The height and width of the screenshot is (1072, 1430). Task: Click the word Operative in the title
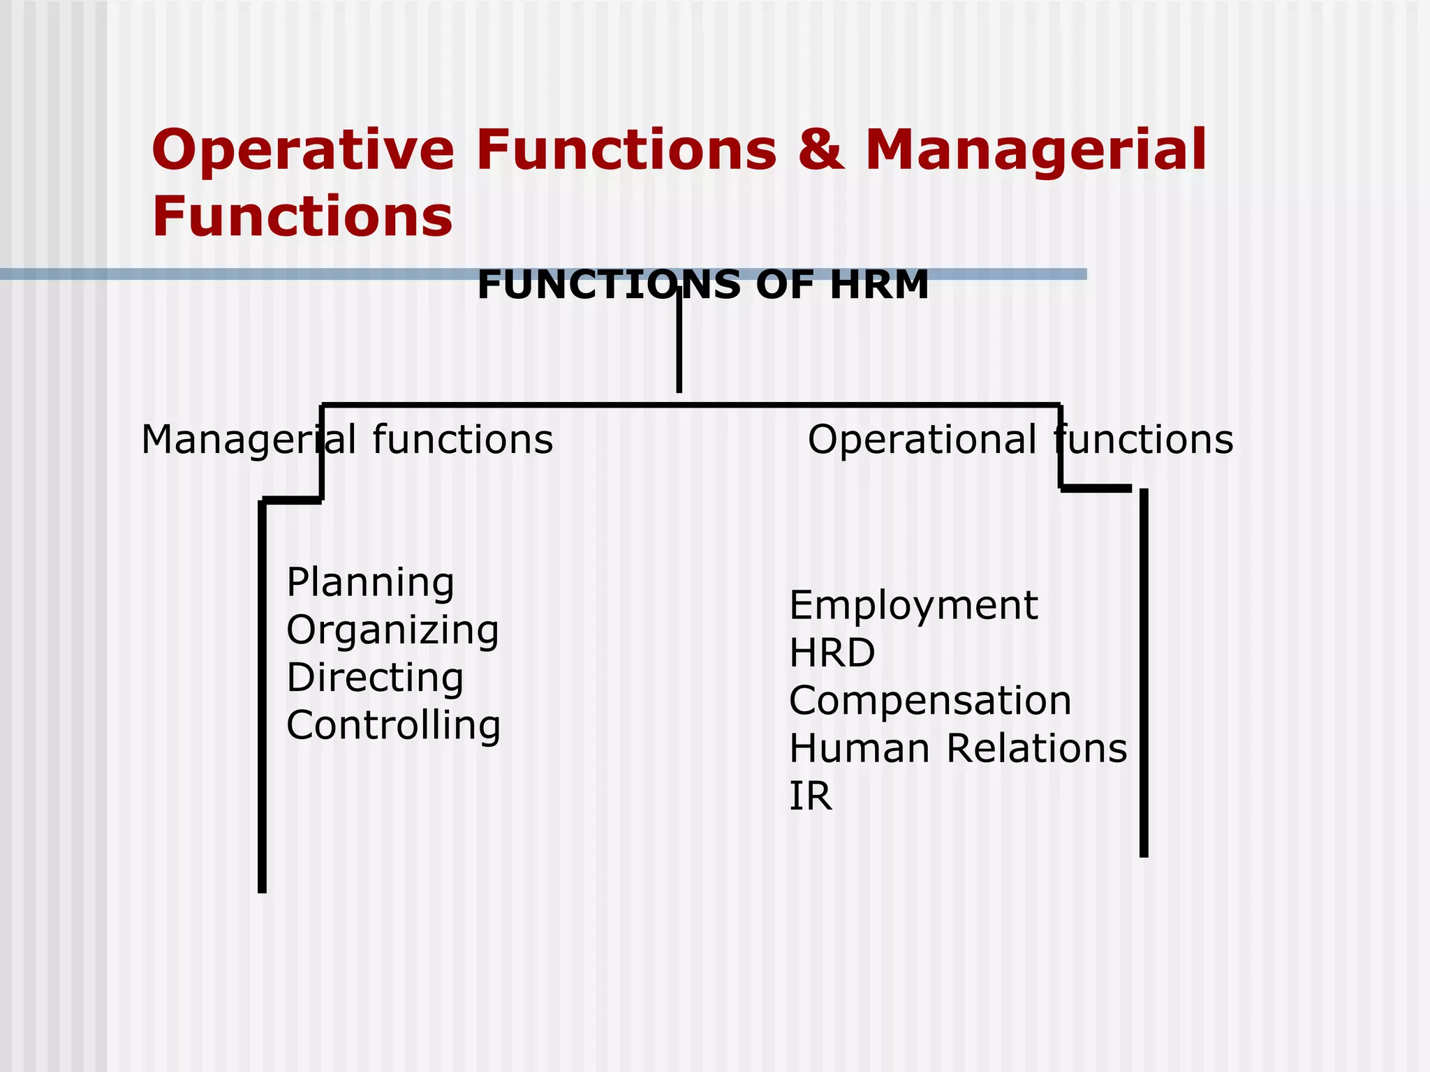point(303,150)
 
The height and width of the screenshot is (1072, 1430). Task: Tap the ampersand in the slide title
point(820,150)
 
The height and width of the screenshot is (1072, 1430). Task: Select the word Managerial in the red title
point(1035,150)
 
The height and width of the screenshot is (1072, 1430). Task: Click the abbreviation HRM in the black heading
point(879,285)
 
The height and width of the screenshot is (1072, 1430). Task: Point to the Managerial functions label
point(347,440)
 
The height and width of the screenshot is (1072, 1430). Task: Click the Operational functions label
point(1020,440)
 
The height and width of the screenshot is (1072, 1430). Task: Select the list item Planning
point(370,583)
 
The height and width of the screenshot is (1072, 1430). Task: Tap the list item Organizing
point(392,630)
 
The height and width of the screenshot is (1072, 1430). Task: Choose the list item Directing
point(375,678)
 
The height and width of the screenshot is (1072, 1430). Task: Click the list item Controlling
point(393,725)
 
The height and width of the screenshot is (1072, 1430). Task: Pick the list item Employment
point(913,605)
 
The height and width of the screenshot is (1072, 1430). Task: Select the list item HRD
point(832,653)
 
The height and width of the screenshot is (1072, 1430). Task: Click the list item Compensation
point(930,701)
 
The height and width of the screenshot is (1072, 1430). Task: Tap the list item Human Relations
point(958,748)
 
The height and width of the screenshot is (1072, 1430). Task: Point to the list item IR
point(810,796)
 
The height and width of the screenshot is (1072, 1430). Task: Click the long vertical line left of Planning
point(262,698)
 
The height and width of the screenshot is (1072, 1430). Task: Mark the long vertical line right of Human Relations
point(1144,673)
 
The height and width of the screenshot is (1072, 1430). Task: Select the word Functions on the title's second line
point(302,216)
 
